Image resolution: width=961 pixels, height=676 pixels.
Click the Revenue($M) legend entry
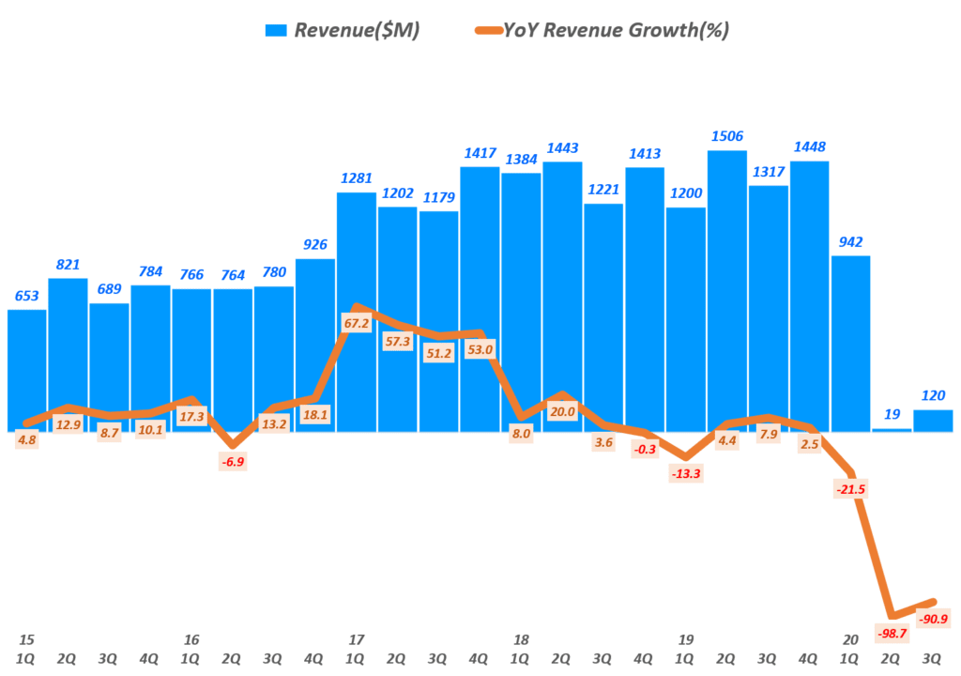343,30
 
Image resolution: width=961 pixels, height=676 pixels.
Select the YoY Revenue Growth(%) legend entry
601,30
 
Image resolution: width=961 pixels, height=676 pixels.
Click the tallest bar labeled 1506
727,291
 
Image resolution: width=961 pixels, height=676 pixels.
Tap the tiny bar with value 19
892,429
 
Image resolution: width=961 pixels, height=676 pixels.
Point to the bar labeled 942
850,344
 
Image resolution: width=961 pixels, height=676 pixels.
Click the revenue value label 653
26,296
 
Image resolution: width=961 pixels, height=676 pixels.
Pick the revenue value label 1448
809,146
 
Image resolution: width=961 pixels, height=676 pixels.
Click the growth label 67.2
357,323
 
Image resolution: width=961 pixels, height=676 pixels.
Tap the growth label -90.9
933,619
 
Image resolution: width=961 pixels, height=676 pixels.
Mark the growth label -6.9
233,462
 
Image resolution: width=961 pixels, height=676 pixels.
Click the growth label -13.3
686,474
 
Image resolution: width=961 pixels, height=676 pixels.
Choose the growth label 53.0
480,350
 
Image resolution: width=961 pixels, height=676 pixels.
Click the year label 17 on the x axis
356,640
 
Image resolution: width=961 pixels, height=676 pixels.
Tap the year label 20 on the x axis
851,640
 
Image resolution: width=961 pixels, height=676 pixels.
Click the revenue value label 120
933,395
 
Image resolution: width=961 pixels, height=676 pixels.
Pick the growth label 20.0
562,410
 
